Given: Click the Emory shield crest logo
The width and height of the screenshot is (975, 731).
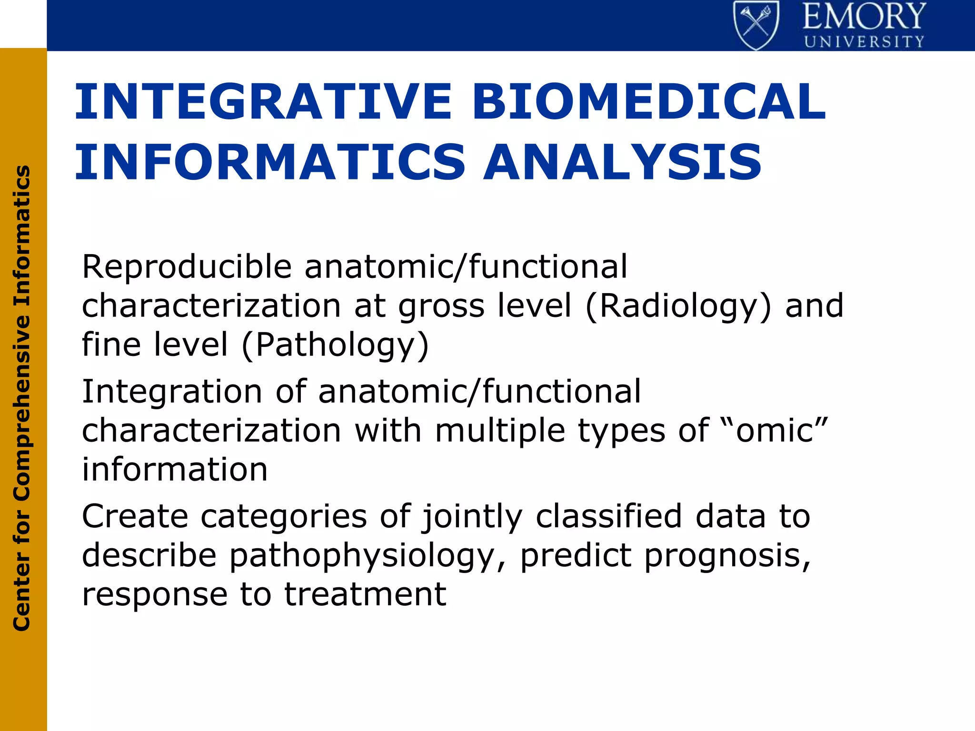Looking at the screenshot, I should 756,25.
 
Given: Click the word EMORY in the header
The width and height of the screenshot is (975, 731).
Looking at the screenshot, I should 864,17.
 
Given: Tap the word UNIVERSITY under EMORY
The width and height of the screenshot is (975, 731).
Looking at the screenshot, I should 864,42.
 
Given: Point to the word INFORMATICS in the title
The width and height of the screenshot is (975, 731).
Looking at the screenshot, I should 269,162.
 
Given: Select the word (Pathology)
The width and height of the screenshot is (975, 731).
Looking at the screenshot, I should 336,345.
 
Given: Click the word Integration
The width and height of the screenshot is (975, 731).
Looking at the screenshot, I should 172,392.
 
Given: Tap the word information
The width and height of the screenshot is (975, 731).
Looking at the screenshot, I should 175,469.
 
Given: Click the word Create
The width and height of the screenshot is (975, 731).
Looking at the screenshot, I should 135,516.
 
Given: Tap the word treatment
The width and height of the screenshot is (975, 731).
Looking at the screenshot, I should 365,594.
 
